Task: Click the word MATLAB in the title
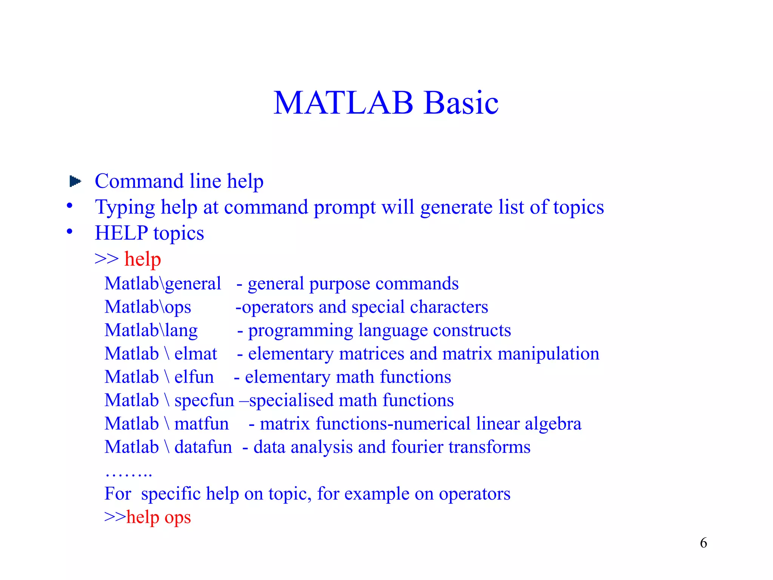tap(343, 103)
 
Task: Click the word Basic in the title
tap(461, 103)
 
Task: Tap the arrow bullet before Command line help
tap(75, 181)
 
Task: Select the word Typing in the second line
tap(125, 208)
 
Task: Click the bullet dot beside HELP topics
tap(69, 231)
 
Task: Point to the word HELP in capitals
tap(121, 233)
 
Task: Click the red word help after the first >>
tap(143, 259)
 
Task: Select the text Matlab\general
tap(163, 284)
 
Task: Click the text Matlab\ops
tap(148, 307)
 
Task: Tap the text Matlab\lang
tap(151, 330)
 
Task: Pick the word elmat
tap(196, 354)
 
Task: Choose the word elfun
tap(194, 377)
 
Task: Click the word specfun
tap(204, 401)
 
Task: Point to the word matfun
tap(202, 424)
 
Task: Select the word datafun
tap(203, 447)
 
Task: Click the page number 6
tap(703, 543)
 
